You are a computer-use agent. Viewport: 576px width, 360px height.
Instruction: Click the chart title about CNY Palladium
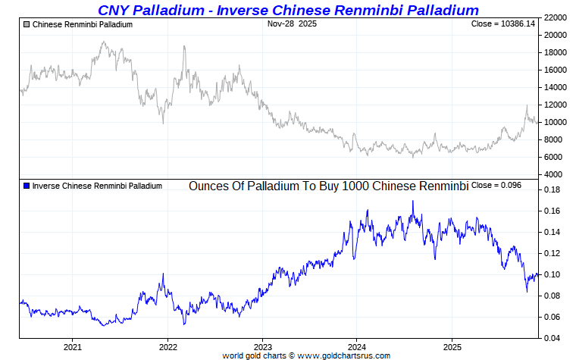(288, 10)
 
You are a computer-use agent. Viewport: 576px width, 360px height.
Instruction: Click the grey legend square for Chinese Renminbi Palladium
(27, 24)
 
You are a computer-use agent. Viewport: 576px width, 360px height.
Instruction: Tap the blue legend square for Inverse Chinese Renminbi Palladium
(27, 186)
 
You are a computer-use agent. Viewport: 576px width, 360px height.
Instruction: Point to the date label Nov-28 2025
(292, 24)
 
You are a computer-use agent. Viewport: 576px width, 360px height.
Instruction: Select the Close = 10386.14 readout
(503, 24)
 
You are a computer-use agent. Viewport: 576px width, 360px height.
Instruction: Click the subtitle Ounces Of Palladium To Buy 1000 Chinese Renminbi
(328, 186)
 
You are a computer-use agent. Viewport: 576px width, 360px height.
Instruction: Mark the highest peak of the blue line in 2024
(412, 201)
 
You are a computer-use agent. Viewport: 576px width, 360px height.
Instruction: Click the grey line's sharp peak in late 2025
(527, 105)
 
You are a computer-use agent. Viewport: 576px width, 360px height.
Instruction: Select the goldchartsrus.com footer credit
(306, 355)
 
